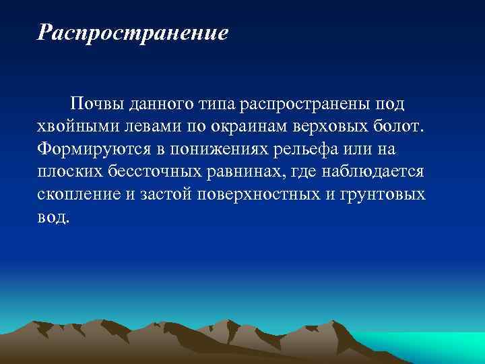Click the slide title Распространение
pyautogui.click(x=133, y=33)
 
